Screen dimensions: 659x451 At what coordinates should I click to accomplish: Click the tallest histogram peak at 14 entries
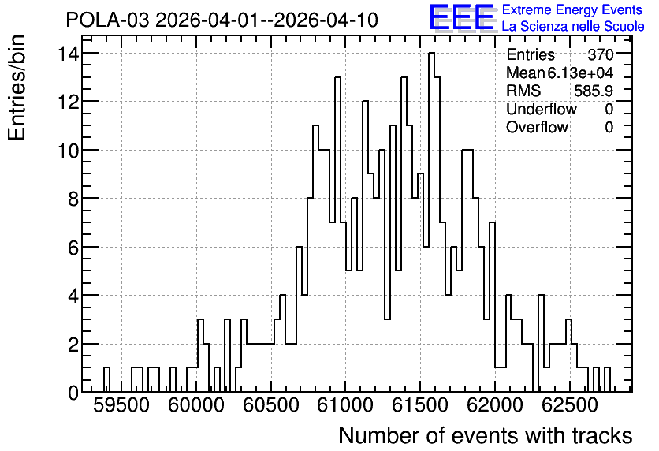pyautogui.click(x=431, y=54)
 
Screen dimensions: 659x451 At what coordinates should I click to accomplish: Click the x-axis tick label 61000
pyautogui.click(x=345, y=406)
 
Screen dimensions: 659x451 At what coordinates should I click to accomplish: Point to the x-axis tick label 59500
pyautogui.click(x=121, y=406)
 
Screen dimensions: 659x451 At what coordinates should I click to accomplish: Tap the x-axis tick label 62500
pyautogui.click(x=569, y=406)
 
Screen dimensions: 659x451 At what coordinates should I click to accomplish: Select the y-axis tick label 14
pyautogui.click(x=68, y=54)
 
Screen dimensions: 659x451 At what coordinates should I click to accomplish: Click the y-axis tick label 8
pyautogui.click(x=73, y=199)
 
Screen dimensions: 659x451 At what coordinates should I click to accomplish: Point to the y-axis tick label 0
pyautogui.click(x=73, y=393)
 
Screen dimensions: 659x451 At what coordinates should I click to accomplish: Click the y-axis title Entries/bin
pyautogui.click(x=17, y=88)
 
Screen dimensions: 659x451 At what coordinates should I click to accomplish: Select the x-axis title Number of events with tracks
pyautogui.click(x=486, y=435)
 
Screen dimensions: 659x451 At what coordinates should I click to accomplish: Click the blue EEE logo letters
pyautogui.click(x=462, y=17)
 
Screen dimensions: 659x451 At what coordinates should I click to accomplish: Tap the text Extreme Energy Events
pyautogui.click(x=572, y=9)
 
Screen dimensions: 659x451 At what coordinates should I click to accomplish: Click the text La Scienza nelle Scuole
pyautogui.click(x=573, y=27)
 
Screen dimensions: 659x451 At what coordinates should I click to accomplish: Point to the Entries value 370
pyautogui.click(x=601, y=54)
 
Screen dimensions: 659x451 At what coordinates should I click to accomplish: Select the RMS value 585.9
pyautogui.click(x=594, y=91)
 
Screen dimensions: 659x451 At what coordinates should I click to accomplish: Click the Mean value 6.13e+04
pyautogui.click(x=580, y=73)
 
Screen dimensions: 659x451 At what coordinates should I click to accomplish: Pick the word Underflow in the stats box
pyautogui.click(x=542, y=109)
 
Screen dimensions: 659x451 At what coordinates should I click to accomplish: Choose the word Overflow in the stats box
pyautogui.click(x=537, y=127)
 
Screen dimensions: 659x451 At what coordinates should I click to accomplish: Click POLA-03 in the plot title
pyautogui.click(x=107, y=20)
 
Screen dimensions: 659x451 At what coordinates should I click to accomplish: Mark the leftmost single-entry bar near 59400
pyautogui.click(x=106, y=379)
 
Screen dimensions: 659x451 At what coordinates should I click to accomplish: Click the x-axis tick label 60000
pyautogui.click(x=195, y=406)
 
